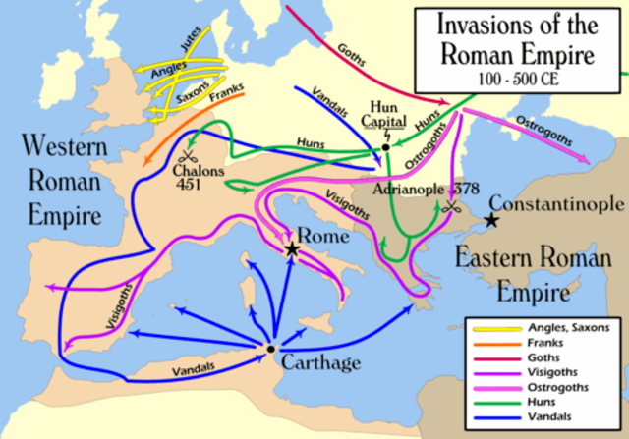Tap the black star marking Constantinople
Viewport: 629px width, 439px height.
(490, 223)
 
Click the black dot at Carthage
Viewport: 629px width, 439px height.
(270, 349)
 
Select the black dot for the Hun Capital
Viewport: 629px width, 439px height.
(386, 146)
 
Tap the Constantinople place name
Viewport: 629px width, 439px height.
(556, 204)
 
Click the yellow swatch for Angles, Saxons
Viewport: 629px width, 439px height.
(490, 328)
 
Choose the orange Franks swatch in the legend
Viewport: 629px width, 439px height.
(490, 344)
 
